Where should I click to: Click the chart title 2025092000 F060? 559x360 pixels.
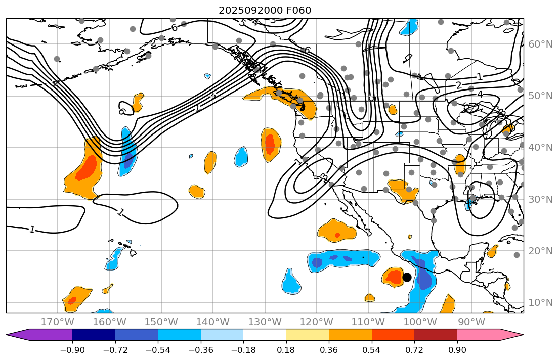coord(265,10)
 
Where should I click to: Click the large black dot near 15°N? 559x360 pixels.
coord(407,277)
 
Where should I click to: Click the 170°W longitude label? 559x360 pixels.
coord(58,322)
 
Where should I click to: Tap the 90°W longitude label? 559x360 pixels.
coord(472,322)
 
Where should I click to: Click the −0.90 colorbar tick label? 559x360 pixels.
coord(72,350)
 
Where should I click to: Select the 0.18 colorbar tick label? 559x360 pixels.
coord(286,350)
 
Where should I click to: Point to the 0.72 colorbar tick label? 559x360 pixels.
coord(414,350)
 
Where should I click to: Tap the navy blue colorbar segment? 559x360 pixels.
coord(94,335)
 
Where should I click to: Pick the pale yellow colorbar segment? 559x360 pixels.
coord(307,335)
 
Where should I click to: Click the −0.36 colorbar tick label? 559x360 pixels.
coord(200,350)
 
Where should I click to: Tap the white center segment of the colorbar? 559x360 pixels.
coord(265,335)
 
